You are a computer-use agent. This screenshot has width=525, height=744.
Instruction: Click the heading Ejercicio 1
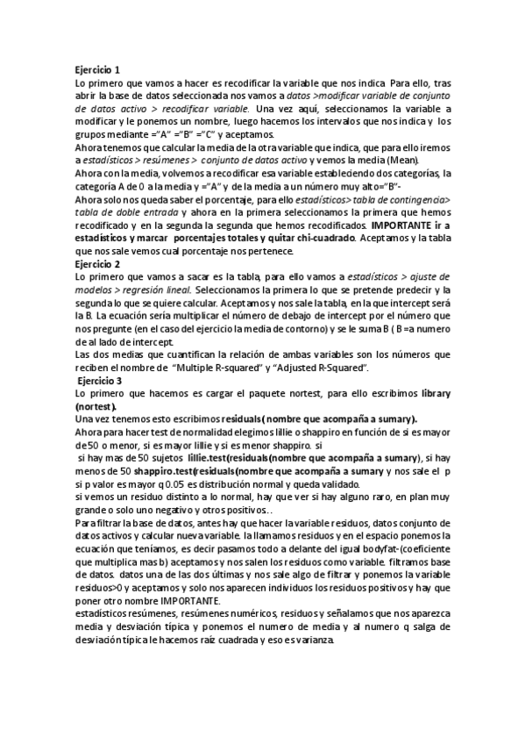pos(98,69)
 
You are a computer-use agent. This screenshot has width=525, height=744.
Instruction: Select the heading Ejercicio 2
pos(98,264)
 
